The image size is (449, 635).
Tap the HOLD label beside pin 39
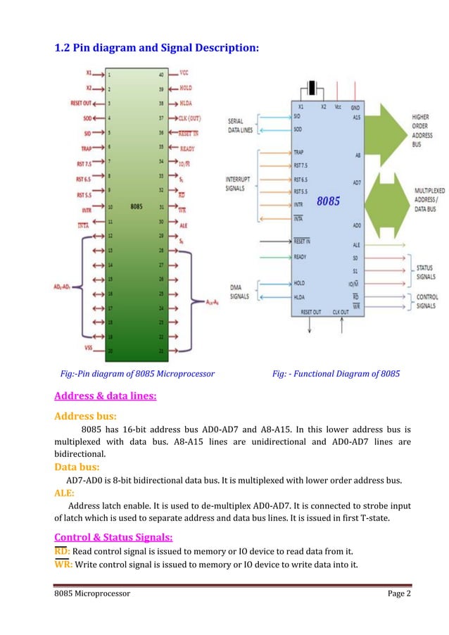tap(185, 88)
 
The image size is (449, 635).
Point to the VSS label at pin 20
tap(88, 348)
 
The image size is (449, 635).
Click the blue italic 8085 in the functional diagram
tap(328, 201)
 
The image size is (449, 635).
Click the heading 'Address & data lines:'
tap(106, 396)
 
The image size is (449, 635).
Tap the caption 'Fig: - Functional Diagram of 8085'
tap(336, 374)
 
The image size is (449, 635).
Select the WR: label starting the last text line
tap(63, 565)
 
